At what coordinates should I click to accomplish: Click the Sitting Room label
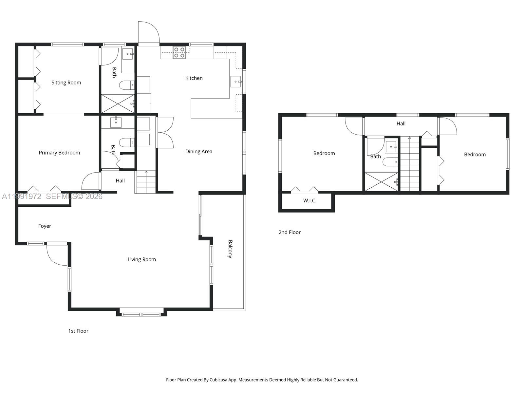(x=66, y=83)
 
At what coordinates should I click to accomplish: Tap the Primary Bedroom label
(x=60, y=153)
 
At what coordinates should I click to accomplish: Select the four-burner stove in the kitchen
(x=179, y=52)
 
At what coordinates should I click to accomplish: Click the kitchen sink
(x=235, y=82)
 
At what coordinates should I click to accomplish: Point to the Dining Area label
(x=198, y=152)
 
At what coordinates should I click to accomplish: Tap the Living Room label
(x=141, y=259)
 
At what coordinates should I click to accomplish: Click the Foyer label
(x=45, y=226)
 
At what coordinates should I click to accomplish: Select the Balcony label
(x=230, y=249)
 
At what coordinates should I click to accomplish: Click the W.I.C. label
(x=309, y=201)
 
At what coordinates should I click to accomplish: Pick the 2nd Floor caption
(x=290, y=232)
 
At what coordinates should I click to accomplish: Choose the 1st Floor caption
(x=78, y=331)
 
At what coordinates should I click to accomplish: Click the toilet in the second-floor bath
(x=390, y=162)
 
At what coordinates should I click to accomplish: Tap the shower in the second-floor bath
(x=382, y=181)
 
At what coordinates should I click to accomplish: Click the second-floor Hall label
(x=401, y=123)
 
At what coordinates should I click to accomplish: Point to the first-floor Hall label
(x=120, y=181)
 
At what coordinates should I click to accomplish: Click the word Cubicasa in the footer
(x=218, y=380)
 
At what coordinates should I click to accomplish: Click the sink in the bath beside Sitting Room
(x=128, y=54)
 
